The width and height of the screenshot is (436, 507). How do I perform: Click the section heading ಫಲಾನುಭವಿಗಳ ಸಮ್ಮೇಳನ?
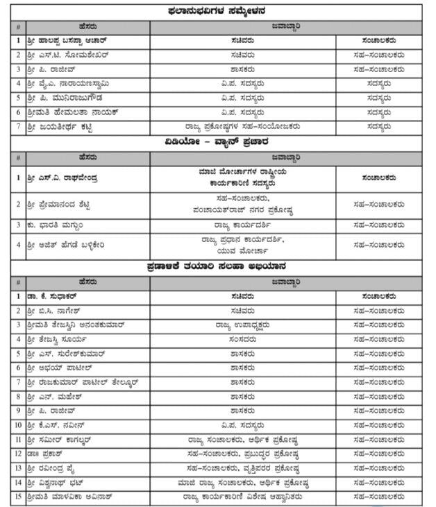[x=218, y=10]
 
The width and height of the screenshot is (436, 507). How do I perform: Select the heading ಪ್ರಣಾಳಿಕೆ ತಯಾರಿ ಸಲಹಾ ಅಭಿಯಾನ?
[x=218, y=266]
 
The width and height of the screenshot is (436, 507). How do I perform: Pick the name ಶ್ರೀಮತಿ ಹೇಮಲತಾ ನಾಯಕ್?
[x=72, y=112]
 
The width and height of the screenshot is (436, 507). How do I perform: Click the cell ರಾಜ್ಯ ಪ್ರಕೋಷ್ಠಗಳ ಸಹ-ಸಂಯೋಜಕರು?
[x=242, y=127]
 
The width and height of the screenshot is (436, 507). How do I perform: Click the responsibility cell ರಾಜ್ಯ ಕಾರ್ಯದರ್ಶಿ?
[x=242, y=225]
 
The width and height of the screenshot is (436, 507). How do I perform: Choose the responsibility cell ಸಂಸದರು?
[x=242, y=339]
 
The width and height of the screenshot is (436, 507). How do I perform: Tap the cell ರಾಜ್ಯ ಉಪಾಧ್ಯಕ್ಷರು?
[x=242, y=325]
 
